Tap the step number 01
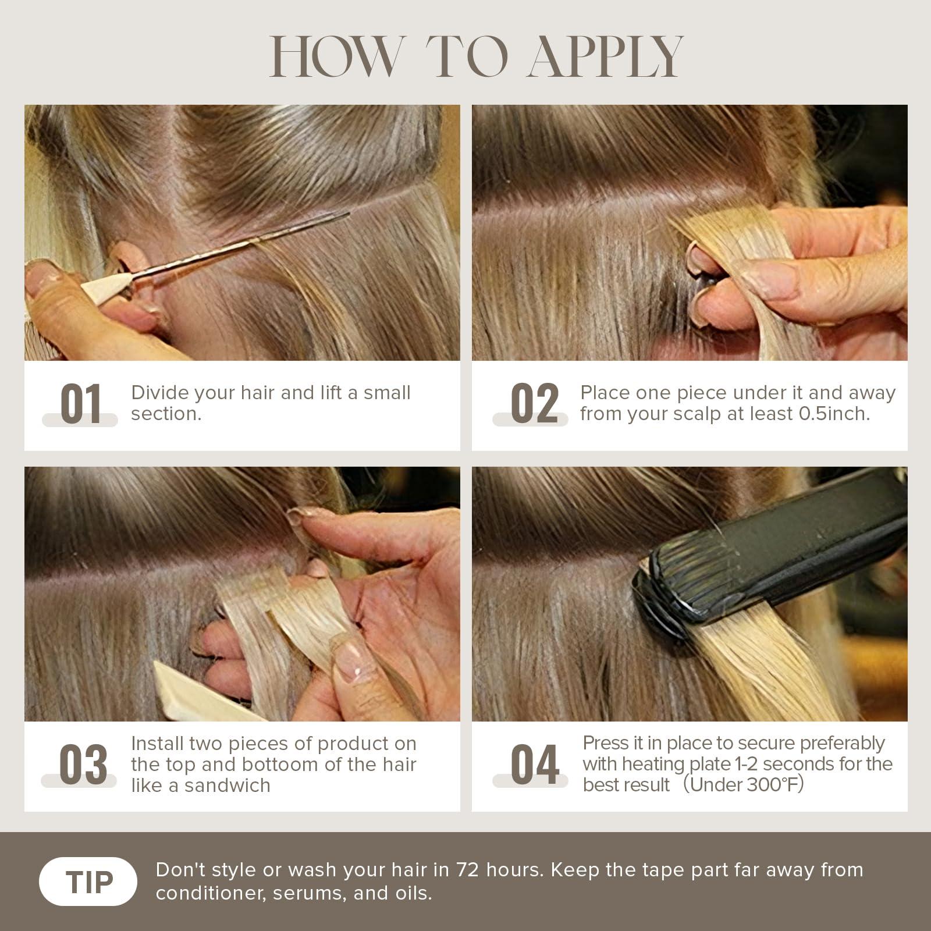[81, 403]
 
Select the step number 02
[534, 403]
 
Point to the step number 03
[83, 765]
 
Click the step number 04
[535, 765]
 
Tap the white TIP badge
[88, 882]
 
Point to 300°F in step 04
[772, 784]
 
